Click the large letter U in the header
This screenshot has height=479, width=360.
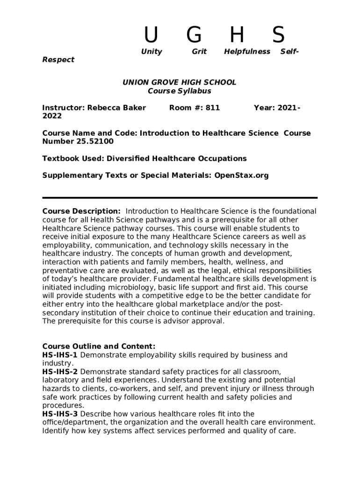pos(151,35)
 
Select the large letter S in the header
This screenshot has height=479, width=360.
pos(279,35)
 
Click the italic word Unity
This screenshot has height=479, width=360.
pos(151,51)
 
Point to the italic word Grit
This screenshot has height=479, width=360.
pos(199,51)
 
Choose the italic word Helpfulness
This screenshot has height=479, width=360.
pos(247,51)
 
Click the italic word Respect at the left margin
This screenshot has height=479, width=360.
pos(58,59)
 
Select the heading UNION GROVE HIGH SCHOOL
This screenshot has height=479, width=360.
pos(180,82)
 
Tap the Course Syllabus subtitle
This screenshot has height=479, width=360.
pos(180,91)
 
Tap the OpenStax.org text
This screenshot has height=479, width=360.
pos(242,175)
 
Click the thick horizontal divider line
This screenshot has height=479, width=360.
pos(180,198)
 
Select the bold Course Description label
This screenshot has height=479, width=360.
pos(81,211)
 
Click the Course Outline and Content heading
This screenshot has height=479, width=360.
pos(99,347)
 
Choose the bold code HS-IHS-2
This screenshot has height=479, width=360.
pos(60,372)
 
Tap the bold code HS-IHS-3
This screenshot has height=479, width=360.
pos(60,414)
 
